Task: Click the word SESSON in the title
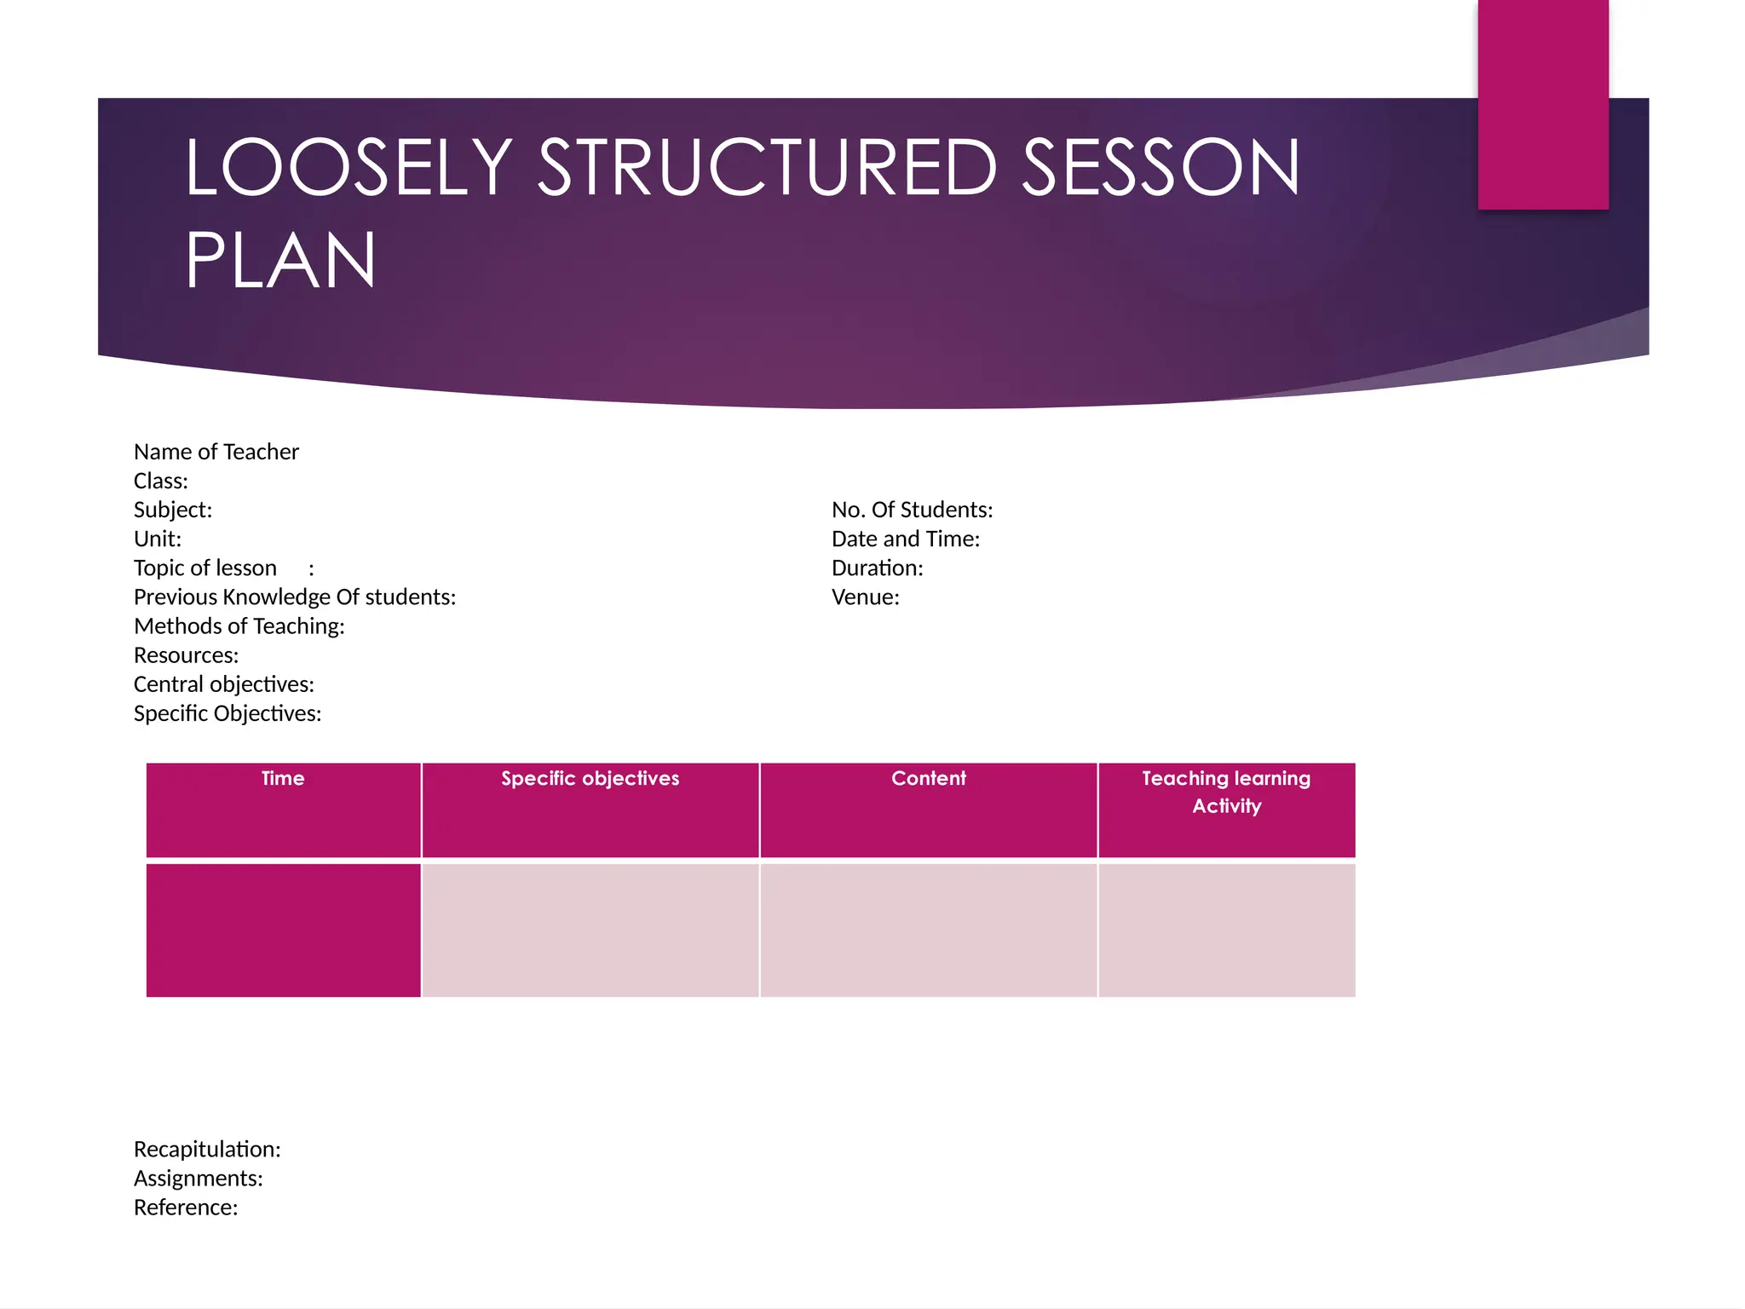[x=1160, y=168]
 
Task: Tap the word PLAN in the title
[x=280, y=262]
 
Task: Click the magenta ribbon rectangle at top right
[x=1542, y=104]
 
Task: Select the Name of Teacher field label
[x=216, y=452]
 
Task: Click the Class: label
[x=160, y=481]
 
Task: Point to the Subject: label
[x=173, y=510]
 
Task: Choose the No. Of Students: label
[x=912, y=510]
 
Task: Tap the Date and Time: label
[x=905, y=539]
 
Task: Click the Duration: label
[x=877, y=568]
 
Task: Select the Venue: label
[x=865, y=597]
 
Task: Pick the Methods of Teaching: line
[x=239, y=626]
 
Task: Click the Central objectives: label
[x=223, y=684]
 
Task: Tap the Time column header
[x=283, y=779]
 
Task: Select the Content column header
[x=928, y=779]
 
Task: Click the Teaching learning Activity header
[x=1226, y=792]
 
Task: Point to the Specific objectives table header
[x=590, y=779]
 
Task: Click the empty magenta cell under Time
[x=283, y=930]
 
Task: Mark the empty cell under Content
[x=928, y=930]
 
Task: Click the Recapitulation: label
[x=207, y=1150]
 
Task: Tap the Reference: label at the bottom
[x=186, y=1208]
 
